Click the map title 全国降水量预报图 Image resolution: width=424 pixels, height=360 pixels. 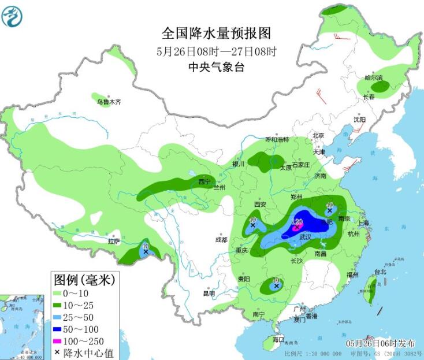pos(216,33)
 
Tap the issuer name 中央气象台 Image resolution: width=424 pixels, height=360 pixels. pos(216,67)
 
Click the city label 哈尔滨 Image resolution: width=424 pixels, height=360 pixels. pos(373,78)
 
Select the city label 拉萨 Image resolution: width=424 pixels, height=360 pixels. pos(114,241)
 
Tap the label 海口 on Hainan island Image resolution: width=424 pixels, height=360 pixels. pos(279,339)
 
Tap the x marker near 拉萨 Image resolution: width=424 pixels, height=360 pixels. pos(146,251)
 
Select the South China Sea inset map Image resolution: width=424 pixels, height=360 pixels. pos(21,326)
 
